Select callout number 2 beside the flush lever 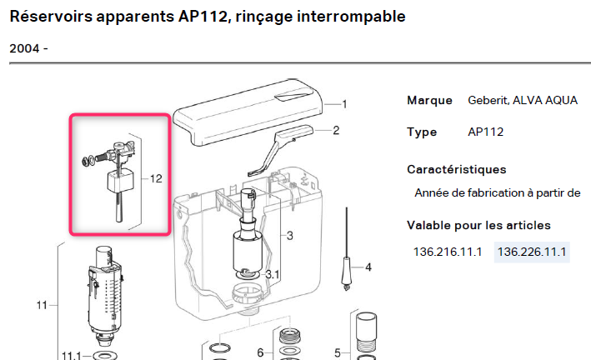tap(336, 130)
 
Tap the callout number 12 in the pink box tap(156, 178)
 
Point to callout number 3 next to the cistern tap(289, 236)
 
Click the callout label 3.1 tap(273, 275)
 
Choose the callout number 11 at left tap(42, 305)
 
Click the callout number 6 tap(259, 352)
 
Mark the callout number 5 tap(337, 352)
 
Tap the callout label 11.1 tap(71, 355)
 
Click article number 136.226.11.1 tap(532, 252)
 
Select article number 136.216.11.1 tap(448, 252)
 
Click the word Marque tap(429, 100)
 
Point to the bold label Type tap(422, 132)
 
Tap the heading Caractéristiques tap(456, 169)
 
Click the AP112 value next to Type tap(486, 132)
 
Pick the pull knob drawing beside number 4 tap(344, 271)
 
